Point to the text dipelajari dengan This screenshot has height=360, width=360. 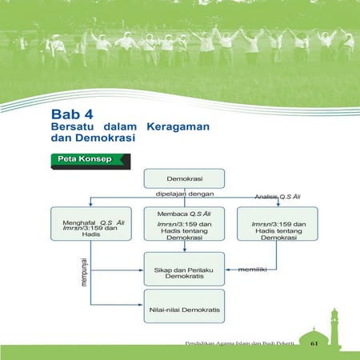tap(184, 193)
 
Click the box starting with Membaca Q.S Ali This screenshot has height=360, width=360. tap(184, 225)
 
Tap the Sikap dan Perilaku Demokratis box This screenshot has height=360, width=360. tap(184, 267)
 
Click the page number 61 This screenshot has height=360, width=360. tap(315, 343)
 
